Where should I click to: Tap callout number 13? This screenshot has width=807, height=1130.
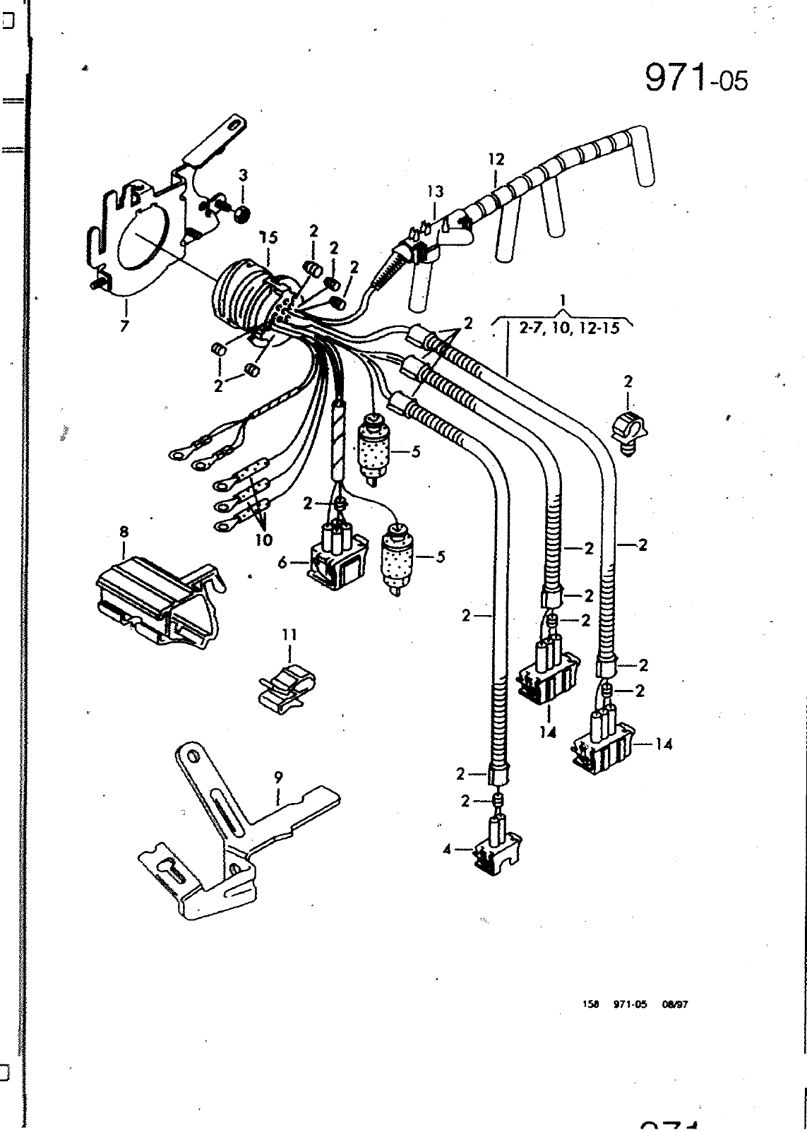pos(435,191)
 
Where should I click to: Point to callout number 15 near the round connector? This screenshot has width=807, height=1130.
pos(268,237)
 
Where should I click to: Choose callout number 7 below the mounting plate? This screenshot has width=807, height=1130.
pos(125,326)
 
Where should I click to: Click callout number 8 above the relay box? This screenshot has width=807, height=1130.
pos(125,530)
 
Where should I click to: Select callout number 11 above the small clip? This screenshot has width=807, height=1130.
pos(289,635)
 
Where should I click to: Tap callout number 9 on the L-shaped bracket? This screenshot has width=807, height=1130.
pos(279,777)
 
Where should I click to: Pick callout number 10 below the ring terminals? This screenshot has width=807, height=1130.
pos(263,540)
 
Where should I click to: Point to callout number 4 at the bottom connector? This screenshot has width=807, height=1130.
pos(447,850)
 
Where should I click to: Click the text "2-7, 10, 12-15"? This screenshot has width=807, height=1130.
pos(563,328)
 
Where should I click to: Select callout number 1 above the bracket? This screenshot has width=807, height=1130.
pos(563,300)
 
